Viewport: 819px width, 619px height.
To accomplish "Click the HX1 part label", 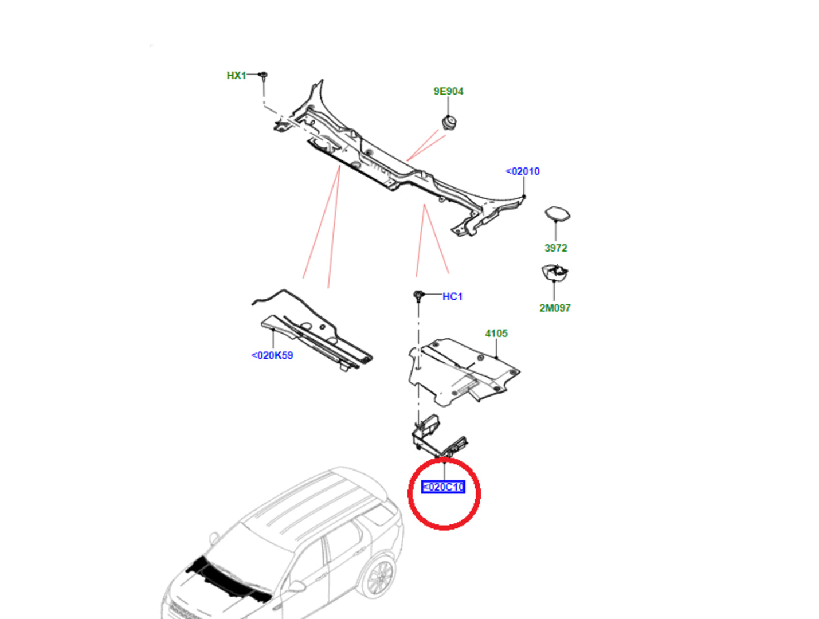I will pos(236,75).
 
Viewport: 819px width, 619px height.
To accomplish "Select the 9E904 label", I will pos(448,91).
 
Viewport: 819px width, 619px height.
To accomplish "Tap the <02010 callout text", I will pos(523,171).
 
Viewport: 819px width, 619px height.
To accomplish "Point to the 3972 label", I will pos(555,248).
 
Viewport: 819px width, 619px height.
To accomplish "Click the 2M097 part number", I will pos(555,308).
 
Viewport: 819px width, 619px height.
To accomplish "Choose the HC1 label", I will pos(452,296).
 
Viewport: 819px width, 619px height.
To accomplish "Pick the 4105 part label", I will pos(496,333).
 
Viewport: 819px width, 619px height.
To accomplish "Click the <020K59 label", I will pos(272,355).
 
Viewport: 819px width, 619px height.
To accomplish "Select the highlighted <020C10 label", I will pos(443,487).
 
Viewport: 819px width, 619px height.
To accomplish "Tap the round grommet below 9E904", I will pos(448,122).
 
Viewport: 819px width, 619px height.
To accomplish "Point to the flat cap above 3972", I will pos(557,214).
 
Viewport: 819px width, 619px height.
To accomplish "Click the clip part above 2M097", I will pos(554,272).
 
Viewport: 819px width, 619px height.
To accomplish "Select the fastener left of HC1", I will pos(418,296).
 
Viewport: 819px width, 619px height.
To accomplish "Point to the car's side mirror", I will pos(297,586).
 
